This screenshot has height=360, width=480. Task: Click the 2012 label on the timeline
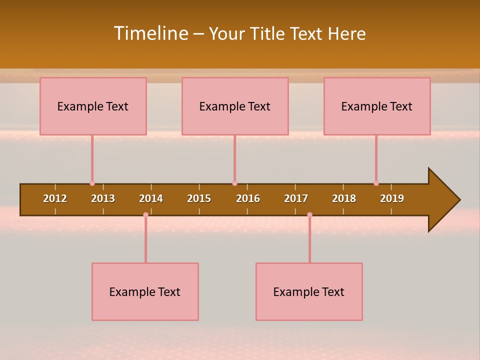(x=55, y=198)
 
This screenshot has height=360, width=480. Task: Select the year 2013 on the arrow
(x=103, y=198)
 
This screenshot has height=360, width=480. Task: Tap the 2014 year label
(x=151, y=198)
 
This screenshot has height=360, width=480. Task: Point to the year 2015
(x=199, y=198)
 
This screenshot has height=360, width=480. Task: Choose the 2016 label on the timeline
(x=248, y=198)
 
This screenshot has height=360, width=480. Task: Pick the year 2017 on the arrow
(x=296, y=198)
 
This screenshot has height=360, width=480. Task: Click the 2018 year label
(x=344, y=198)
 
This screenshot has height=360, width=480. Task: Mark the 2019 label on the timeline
(x=392, y=198)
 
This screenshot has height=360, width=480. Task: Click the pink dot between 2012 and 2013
(x=92, y=183)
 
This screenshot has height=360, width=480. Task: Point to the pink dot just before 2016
(x=234, y=183)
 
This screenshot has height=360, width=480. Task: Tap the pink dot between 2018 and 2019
(x=376, y=183)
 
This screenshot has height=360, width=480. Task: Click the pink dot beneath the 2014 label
(x=145, y=215)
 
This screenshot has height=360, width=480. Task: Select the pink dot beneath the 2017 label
(x=309, y=215)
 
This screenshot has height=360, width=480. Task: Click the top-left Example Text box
(x=93, y=106)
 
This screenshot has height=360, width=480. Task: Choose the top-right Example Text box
(x=377, y=106)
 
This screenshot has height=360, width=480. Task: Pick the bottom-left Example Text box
(x=145, y=292)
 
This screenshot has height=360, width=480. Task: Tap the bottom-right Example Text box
(x=309, y=292)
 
